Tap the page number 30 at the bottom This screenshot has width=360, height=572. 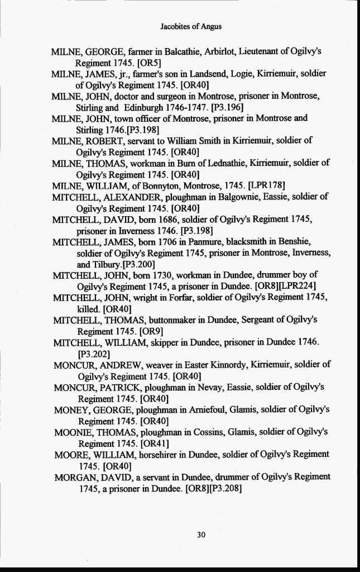(202, 535)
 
